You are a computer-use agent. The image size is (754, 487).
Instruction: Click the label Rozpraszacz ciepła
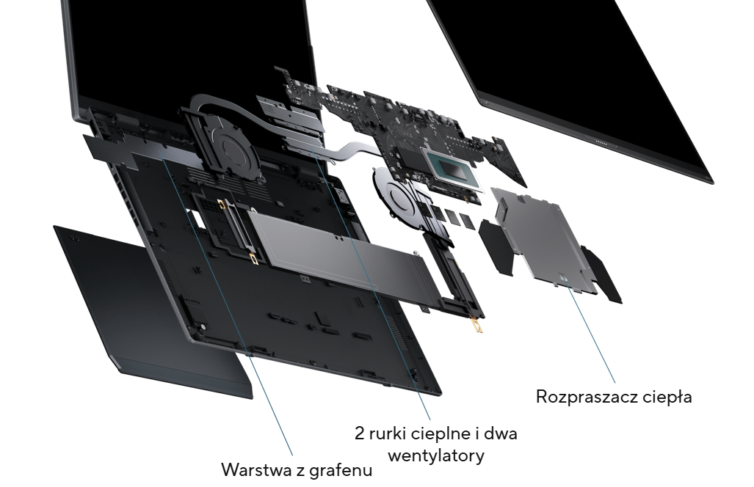coord(614,397)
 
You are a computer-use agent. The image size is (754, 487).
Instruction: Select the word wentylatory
coord(435,455)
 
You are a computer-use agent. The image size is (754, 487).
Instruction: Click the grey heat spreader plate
coord(543,238)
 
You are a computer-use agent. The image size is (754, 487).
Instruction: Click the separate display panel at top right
coord(572,81)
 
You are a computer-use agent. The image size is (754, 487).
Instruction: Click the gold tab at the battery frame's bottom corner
coord(477,326)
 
